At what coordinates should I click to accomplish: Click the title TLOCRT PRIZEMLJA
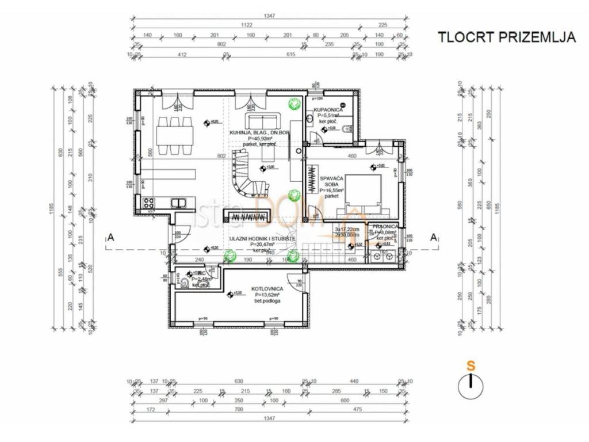507,37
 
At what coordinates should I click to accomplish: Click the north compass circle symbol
471,385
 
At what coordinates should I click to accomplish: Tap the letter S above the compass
471,365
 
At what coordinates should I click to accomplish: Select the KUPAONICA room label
328,109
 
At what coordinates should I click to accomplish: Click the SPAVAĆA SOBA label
332,182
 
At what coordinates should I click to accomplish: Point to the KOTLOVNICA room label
267,288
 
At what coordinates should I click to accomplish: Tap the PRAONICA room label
385,227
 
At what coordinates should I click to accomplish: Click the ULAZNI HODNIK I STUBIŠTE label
262,238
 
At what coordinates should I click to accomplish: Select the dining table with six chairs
175,135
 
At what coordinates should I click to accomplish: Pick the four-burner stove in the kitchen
148,203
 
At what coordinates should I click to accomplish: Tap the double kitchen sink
178,202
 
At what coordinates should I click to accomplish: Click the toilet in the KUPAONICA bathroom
345,129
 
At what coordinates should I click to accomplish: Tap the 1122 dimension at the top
247,25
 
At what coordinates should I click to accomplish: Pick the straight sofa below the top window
263,121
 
